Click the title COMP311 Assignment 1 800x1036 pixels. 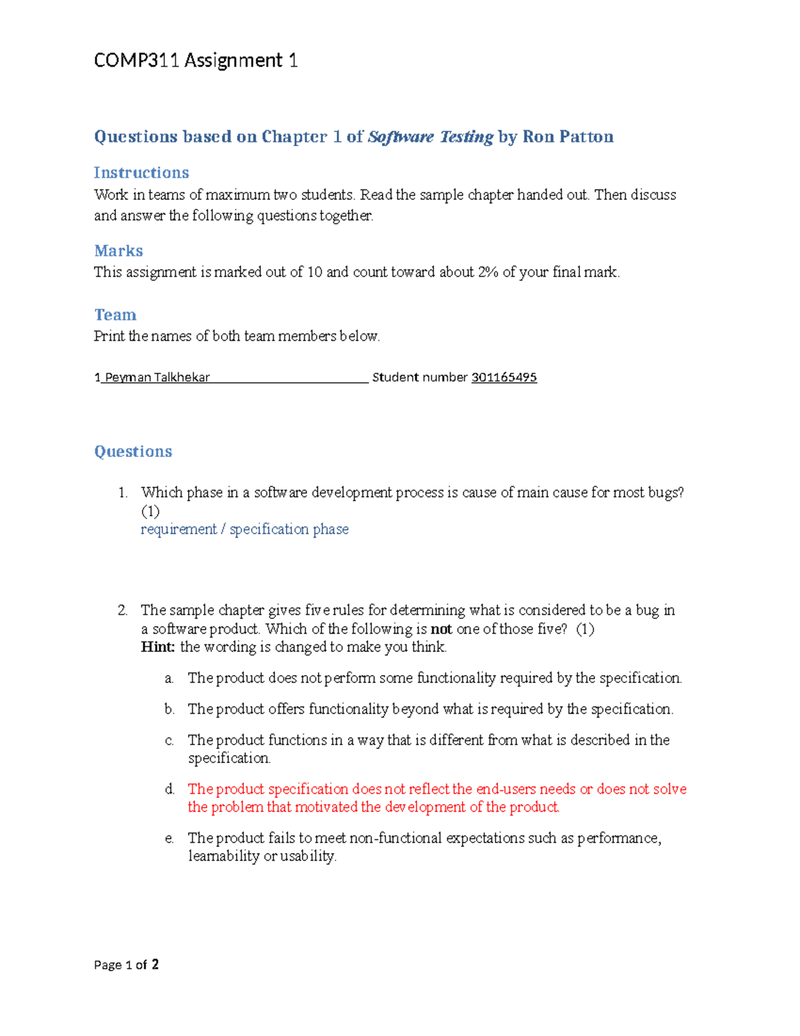195,61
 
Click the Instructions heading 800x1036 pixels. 141,173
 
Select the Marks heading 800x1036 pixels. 119,251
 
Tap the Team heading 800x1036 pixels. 115,315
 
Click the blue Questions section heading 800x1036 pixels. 133,452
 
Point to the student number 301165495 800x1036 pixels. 504,378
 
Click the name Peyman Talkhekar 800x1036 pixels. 157,378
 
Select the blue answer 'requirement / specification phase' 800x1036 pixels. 245,529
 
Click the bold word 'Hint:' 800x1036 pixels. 158,647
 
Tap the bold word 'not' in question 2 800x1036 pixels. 441,629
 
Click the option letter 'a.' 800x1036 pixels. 169,678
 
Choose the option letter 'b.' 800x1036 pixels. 169,709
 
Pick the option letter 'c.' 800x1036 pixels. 169,740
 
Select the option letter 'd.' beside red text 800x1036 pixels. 169,789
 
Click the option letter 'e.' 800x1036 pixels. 169,839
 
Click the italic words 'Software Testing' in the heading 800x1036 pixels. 431,137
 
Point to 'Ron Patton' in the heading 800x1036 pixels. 568,137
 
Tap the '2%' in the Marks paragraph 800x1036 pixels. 488,272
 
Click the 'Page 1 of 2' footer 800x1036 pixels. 127,965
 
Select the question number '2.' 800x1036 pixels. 123,610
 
